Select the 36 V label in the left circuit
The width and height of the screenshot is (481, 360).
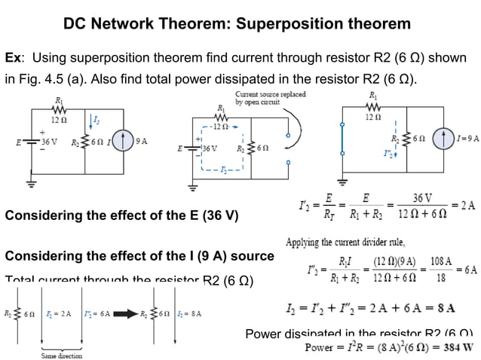50,141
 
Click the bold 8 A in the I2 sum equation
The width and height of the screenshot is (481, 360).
444,307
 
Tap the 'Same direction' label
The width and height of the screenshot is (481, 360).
62,355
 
